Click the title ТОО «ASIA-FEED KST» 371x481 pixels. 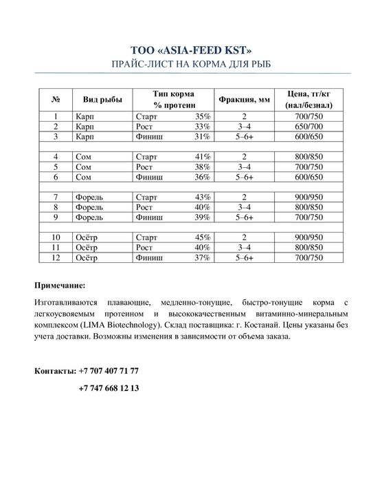pos(185,50)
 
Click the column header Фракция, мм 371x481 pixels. pos(244,99)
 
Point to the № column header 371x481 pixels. pos(56,99)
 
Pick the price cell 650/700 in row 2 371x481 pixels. pos(307,127)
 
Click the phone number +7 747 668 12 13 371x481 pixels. pos(109,388)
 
